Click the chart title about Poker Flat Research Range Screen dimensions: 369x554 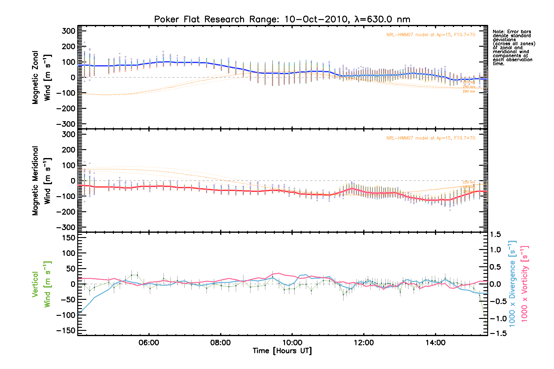pos(282,19)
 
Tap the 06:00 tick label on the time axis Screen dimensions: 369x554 pos(149,343)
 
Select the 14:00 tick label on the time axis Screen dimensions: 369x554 pos(436,343)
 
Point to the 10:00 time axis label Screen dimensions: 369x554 pos(292,343)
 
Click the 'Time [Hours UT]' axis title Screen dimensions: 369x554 pos(282,351)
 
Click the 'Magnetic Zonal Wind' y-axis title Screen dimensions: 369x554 pos(41,77)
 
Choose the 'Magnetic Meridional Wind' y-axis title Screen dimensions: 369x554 pos(41,181)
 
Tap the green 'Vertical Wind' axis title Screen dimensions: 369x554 pos(41,284)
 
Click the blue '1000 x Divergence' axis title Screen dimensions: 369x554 pos(512,284)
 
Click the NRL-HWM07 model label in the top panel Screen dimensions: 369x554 pos(431,35)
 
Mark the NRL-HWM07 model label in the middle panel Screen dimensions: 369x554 pos(431,138)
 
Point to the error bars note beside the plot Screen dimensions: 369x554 pos(513,48)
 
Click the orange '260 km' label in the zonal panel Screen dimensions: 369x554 pos(469,91)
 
